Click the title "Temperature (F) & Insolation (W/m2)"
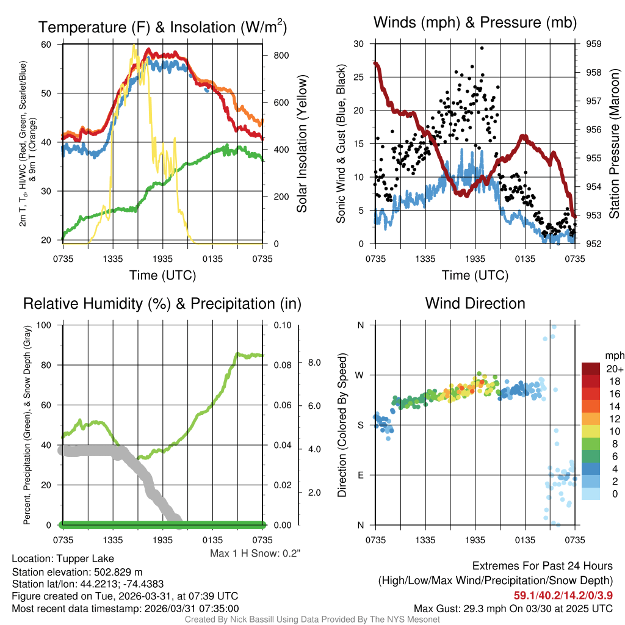click(162, 27)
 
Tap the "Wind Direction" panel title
click(475, 303)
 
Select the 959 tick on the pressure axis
click(593, 44)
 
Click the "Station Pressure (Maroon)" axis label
click(615, 144)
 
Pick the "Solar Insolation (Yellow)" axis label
click(302, 144)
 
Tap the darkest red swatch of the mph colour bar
click(592, 368)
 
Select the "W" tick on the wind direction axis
click(360, 375)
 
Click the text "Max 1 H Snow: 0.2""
click(255, 554)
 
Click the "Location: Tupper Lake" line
click(63, 558)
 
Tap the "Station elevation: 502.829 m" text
click(77, 571)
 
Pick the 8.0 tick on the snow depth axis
click(314, 363)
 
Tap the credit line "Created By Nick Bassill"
click(312, 620)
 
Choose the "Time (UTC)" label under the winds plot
click(475, 275)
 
